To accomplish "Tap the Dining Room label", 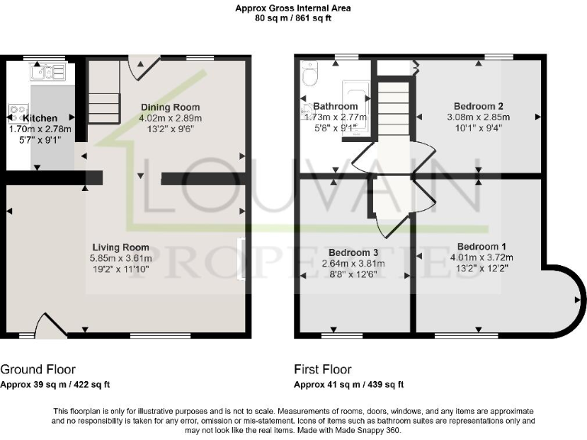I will tap(170, 107).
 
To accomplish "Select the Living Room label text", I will tap(121, 247).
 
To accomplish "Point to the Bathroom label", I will tap(336, 105).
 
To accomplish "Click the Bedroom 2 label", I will tap(478, 105).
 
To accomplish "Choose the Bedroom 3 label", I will tap(354, 252).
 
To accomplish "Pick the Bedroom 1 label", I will tap(482, 246).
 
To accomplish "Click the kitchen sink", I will tap(48, 72).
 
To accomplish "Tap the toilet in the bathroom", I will tap(310, 73).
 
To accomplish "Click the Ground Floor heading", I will tap(38, 369).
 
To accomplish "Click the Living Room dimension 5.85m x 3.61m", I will tap(121, 258).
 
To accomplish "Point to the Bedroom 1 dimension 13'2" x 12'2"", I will tap(482, 268).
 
